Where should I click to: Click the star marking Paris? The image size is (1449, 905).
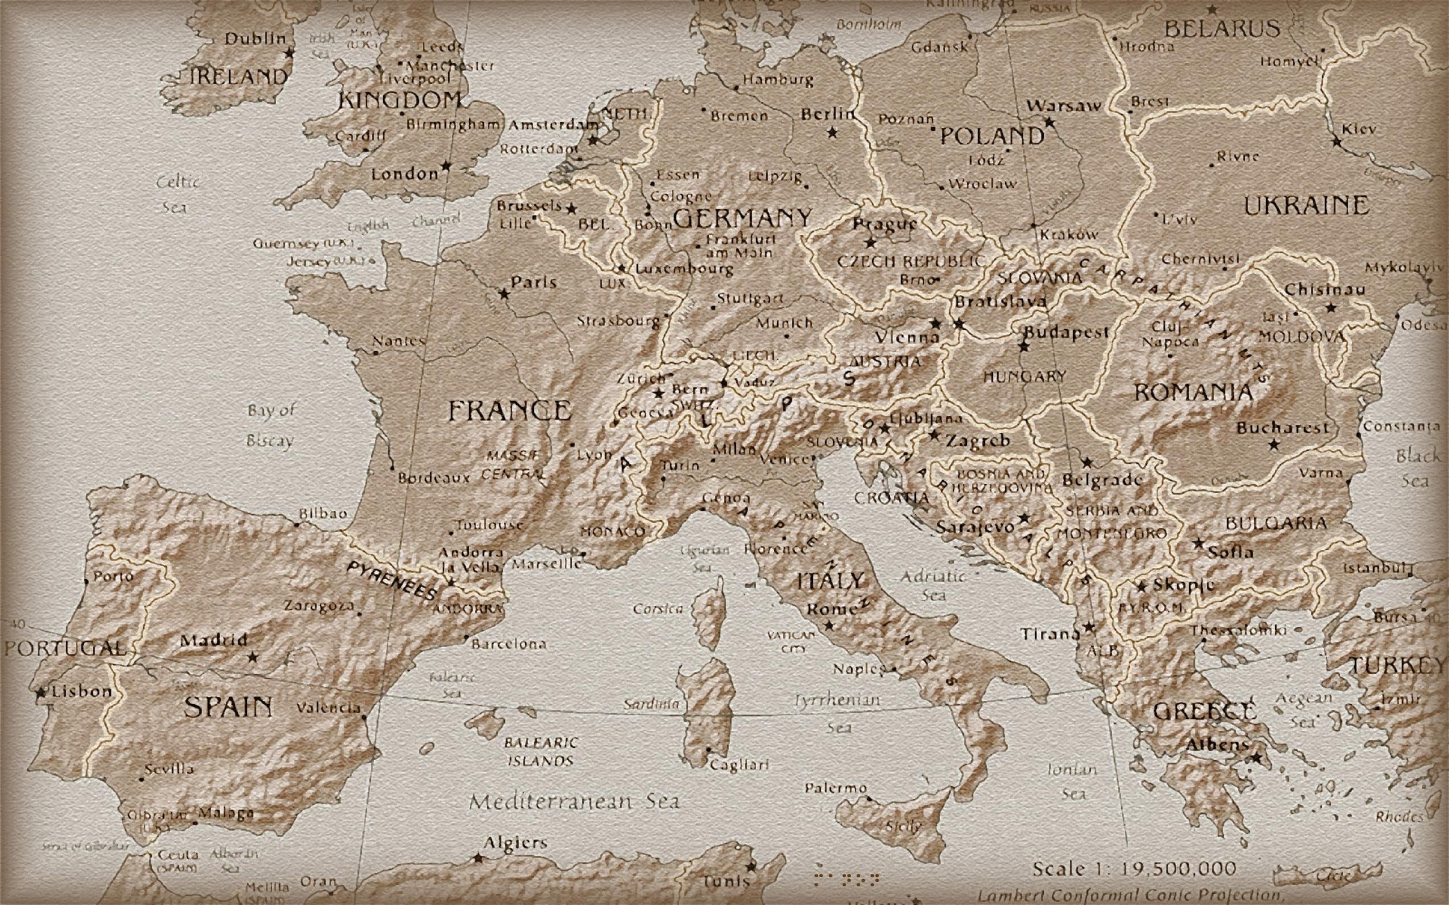tap(504, 294)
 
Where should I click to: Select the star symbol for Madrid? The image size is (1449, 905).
tap(252, 657)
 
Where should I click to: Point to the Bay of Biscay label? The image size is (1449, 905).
tap(271, 425)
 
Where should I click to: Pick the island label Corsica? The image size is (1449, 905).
tap(658, 609)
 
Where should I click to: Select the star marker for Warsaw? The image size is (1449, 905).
tap(1049, 122)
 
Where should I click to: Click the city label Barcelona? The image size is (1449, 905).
tap(509, 645)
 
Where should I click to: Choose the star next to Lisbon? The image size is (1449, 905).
tap(40, 692)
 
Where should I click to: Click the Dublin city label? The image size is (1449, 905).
tap(256, 39)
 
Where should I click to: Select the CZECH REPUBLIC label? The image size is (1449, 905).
tap(910, 261)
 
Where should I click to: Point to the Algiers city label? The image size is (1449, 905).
tap(515, 843)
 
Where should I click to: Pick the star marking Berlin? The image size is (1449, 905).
tap(831, 132)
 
